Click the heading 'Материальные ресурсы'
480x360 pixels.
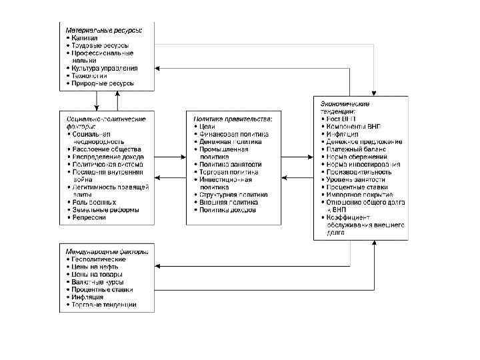click(x=107, y=31)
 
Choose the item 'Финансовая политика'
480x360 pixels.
click(x=234, y=133)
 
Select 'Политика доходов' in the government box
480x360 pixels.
click(x=227, y=209)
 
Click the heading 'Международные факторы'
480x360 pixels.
click(x=107, y=251)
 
